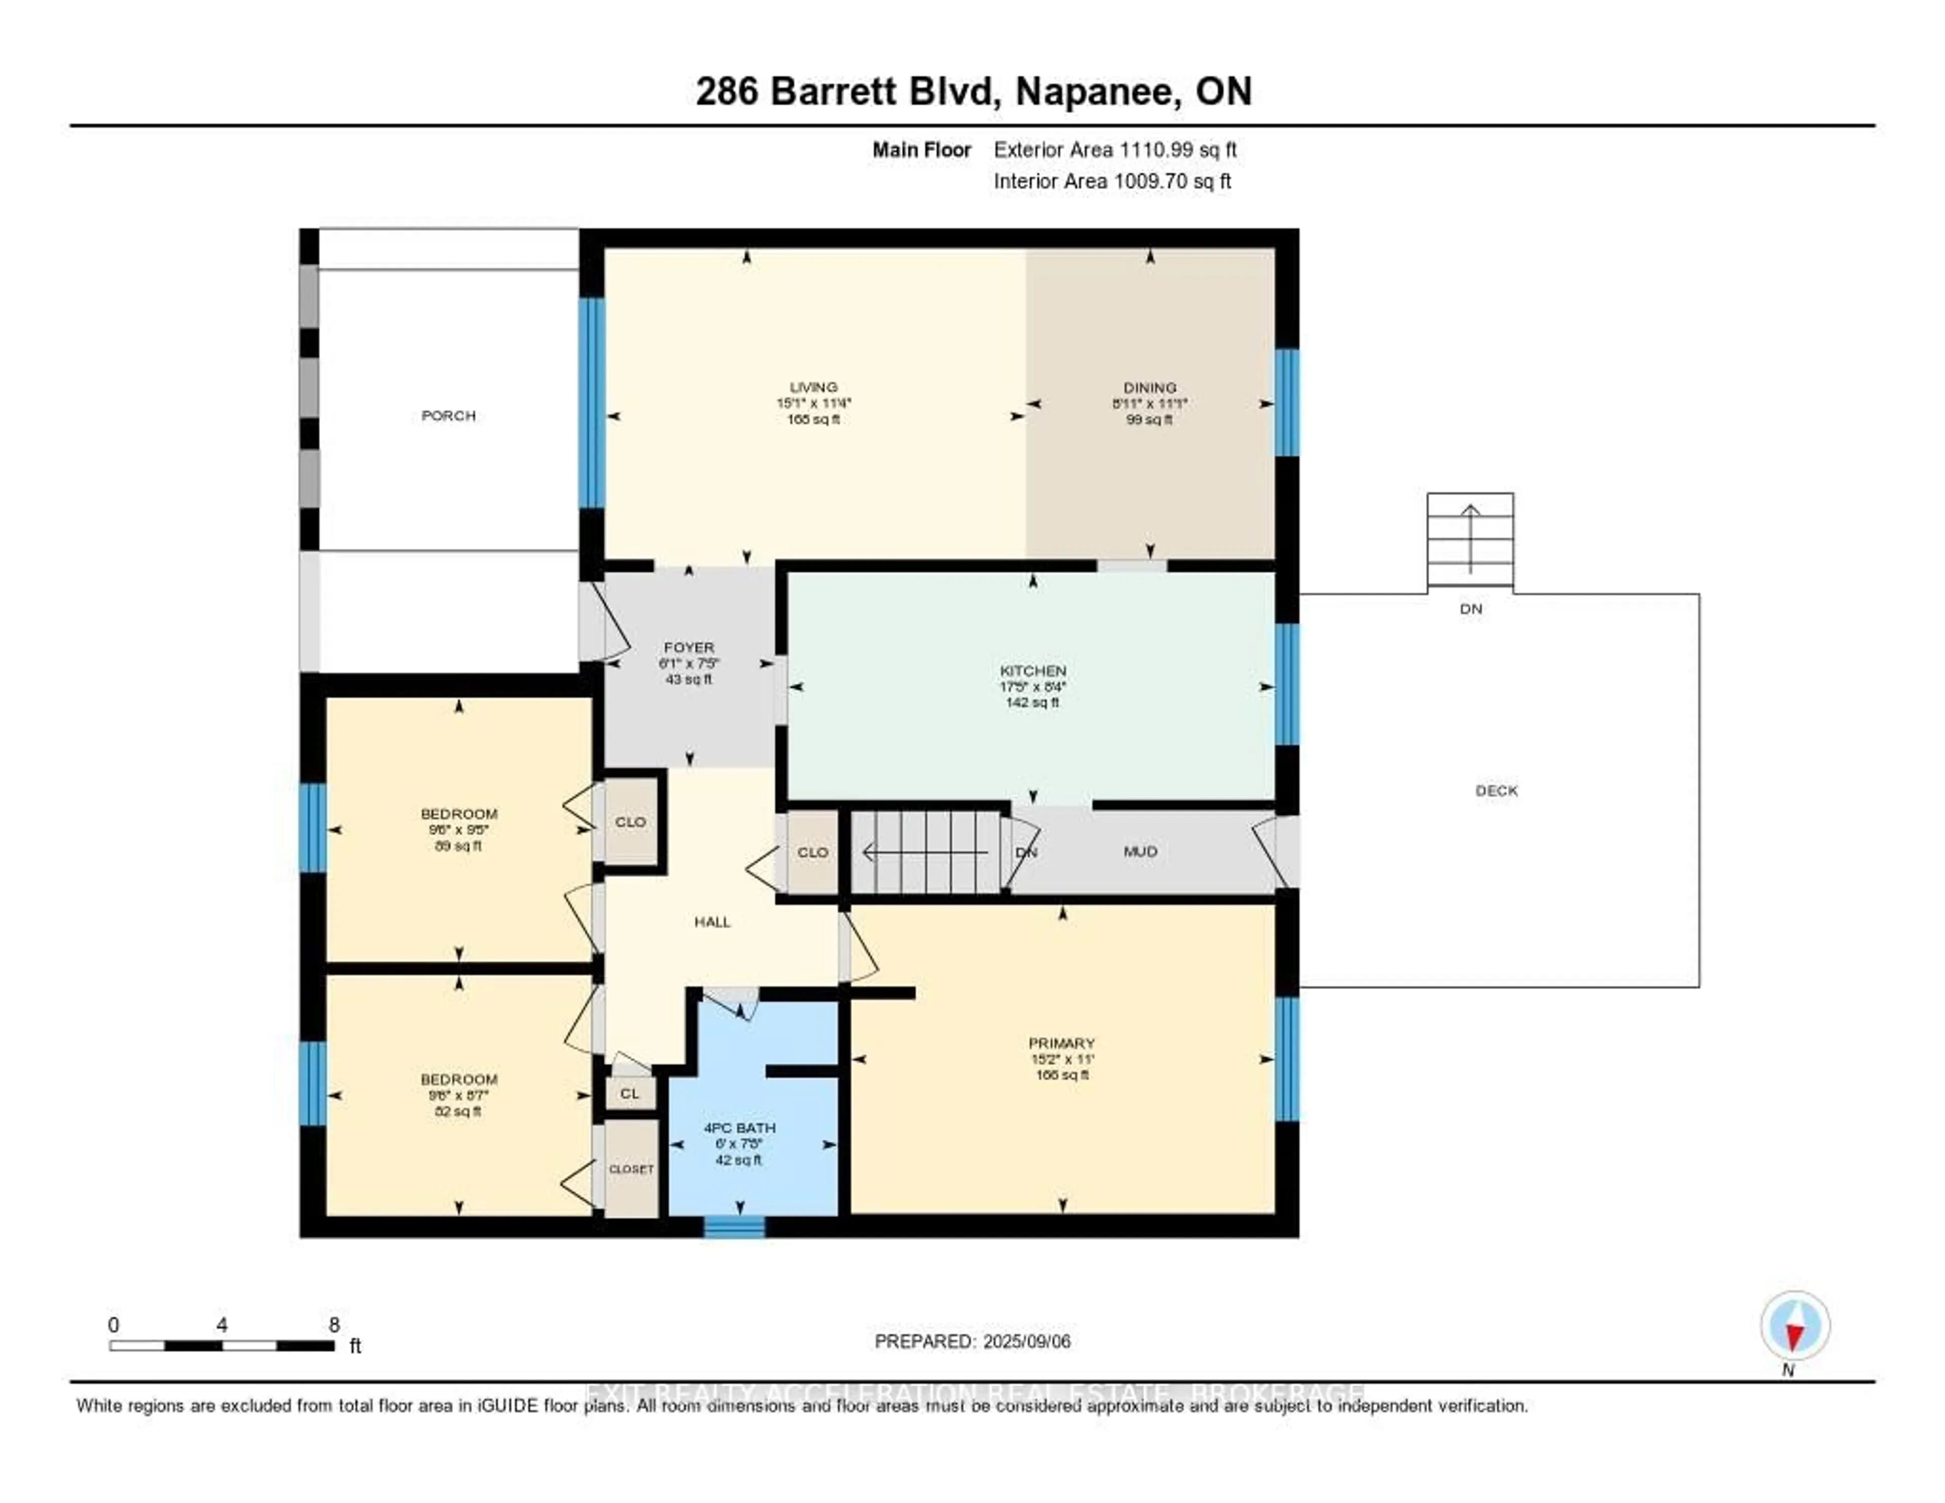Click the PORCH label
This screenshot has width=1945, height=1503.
pyautogui.click(x=448, y=415)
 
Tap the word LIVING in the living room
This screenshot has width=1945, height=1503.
pyautogui.click(x=813, y=387)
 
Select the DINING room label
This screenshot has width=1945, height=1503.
pyautogui.click(x=1149, y=387)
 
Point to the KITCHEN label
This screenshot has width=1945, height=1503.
pyautogui.click(x=1032, y=670)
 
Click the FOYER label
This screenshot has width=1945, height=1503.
pyautogui.click(x=688, y=647)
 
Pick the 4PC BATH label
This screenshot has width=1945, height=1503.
pyautogui.click(x=739, y=1127)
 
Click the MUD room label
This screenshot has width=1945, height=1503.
pyautogui.click(x=1140, y=851)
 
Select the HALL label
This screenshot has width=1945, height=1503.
pyautogui.click(x=712, y=921)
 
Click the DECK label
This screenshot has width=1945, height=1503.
pyautogui.click(x=1496, y=790)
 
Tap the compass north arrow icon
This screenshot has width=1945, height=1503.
pyautogui.click(x=1795, y=1326)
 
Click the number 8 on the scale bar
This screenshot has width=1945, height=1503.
pyautogui.click(x=334, y=1325)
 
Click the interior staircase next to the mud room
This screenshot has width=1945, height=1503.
pyautogui.click(x=926, y=852)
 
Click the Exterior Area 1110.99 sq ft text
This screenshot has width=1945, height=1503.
pyautogui.click(x=1115, y=149)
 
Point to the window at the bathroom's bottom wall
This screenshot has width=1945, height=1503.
pyautogui.click(x=734, y=1227)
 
